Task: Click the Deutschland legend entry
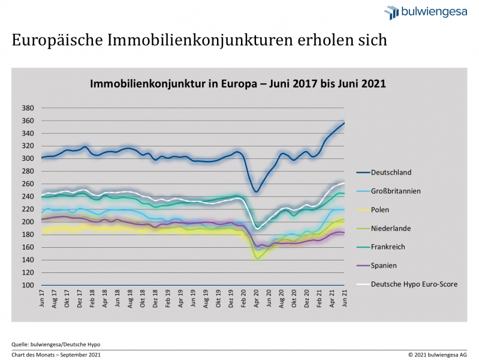click(x=390, y=172)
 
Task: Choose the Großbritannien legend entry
click(x=394, y=191)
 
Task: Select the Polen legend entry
click(x=381, y=209)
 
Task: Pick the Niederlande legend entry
click(x=391, y=228)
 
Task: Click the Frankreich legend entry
click(x=388, y=247)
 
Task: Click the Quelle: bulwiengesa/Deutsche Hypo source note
click(x=56, y=344)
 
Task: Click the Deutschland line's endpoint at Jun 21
click(x=344, y=123)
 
